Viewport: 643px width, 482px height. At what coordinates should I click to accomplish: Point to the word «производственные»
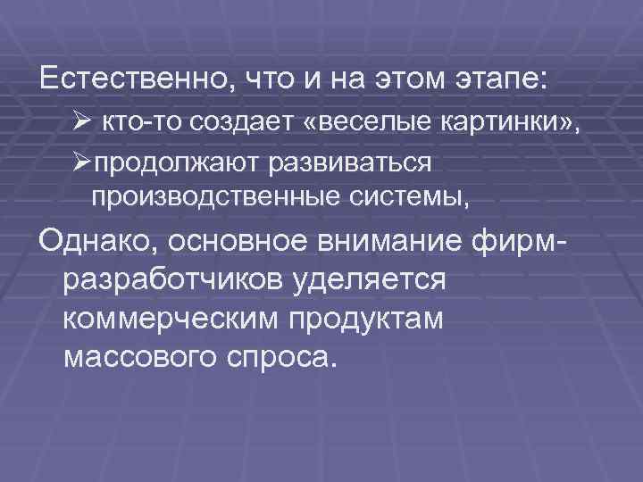click(x=203, y=195)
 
